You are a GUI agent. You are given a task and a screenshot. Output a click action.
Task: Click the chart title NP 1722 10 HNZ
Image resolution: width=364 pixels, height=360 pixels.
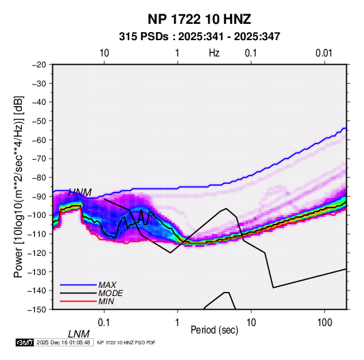click(x=199, y=19)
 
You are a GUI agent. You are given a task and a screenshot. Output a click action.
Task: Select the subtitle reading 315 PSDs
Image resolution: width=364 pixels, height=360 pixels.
click(x=144, y=37)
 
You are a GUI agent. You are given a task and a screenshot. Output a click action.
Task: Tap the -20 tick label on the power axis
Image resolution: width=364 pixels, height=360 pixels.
click(x=39, y=65)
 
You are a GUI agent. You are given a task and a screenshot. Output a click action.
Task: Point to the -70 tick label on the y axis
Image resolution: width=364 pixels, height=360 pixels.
click(x=39, y=159)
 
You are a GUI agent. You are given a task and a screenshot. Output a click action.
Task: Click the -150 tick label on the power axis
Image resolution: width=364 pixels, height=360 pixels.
click(x=37, y=310)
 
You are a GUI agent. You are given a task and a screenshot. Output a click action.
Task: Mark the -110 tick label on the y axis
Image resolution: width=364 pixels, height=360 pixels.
click(x=37, y=234)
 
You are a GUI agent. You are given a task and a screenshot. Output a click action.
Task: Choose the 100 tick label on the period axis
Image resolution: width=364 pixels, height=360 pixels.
click(x=325, y=323)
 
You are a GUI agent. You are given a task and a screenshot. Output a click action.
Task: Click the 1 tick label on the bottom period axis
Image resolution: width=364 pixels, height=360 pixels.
click(x=178, y=323)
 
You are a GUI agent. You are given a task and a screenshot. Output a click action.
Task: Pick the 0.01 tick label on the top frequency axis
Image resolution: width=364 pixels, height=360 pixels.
click(x=324, y=53)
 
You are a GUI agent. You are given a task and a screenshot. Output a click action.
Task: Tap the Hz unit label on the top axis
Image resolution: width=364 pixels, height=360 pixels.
click(x=214, y=53)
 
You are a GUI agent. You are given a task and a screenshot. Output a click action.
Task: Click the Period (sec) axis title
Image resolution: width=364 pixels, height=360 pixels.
click(x=214, y=330)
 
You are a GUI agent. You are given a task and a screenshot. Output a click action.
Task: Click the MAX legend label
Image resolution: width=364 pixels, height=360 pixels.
click(x=107, y=284)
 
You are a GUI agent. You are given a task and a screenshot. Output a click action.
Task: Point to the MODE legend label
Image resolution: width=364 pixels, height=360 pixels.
click(x=110, y=293)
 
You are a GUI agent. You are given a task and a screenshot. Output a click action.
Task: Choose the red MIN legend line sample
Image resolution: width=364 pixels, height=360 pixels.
click(x=78, y=301)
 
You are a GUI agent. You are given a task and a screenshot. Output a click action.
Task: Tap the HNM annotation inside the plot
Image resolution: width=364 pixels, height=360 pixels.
click(x=80, y=193)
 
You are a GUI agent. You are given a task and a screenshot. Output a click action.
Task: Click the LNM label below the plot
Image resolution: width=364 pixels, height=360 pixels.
click(x=79, y=334)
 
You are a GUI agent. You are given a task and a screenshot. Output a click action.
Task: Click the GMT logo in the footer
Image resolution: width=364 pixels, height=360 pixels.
click(x=24, y=342)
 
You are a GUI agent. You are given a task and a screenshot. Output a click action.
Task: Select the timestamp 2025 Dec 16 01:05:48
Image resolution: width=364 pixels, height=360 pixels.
click(x=63, y=342)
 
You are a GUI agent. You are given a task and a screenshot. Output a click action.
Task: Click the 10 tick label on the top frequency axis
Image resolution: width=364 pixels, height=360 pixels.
click(x=104, y=53)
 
